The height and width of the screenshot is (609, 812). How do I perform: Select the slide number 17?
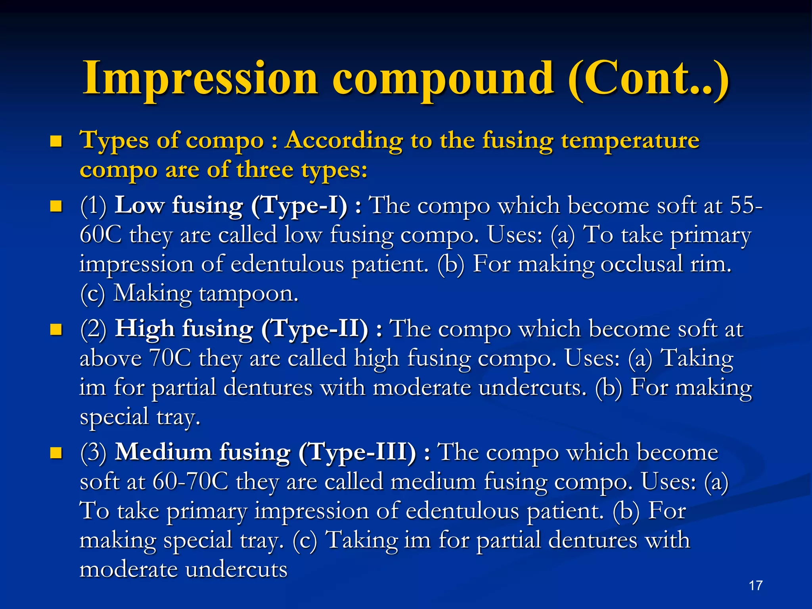click(756, 586)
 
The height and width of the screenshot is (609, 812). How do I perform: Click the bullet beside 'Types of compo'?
click(56, 142)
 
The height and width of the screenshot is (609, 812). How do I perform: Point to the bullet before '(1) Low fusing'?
click(56, 207)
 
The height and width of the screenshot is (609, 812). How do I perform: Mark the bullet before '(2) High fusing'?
click(56, 330)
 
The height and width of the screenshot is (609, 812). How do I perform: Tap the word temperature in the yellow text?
click(630, 141)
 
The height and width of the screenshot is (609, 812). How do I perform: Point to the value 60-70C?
click(190, 482)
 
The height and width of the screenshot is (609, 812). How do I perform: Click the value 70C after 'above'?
click(170, 358)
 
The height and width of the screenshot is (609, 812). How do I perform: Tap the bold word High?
click(145, 329)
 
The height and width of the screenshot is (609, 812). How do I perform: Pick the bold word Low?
click(140, 206)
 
